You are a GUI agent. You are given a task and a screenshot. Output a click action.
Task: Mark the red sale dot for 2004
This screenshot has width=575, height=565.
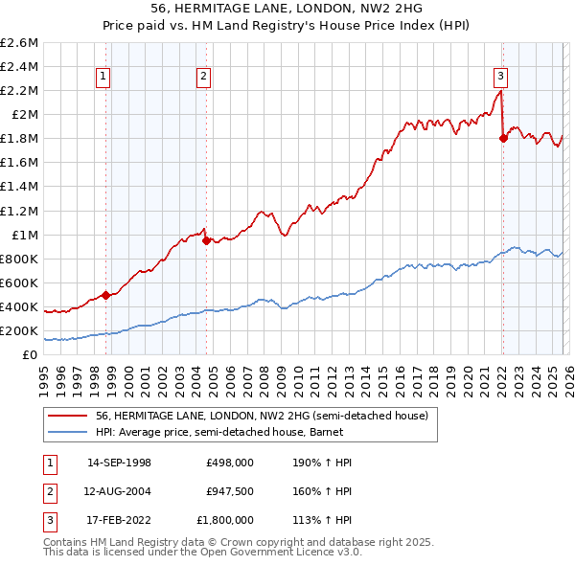(x=206, y=241)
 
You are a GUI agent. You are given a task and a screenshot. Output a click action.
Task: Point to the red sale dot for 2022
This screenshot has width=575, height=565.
(x=503, y=139)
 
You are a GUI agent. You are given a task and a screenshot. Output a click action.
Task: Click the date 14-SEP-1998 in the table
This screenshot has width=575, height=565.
(x=119, y=463)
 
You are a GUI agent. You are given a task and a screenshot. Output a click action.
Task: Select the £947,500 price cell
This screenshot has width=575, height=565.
(x=229, y=492)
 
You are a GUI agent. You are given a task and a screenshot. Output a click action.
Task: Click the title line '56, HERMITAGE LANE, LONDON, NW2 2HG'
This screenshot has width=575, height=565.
(x=287, y=8)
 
